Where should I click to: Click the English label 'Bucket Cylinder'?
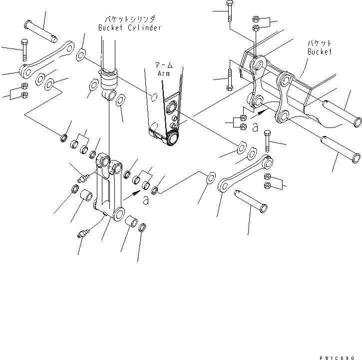[129, 28]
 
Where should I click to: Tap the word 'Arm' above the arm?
[163, 73]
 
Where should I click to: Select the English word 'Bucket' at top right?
[319, 51]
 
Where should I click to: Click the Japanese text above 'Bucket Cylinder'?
[129, 19]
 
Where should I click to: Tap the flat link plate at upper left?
[47, 58]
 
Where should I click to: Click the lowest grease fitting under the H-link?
[83, 232]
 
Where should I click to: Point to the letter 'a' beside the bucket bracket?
[255, 128]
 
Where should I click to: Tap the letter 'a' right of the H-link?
[146, 200]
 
